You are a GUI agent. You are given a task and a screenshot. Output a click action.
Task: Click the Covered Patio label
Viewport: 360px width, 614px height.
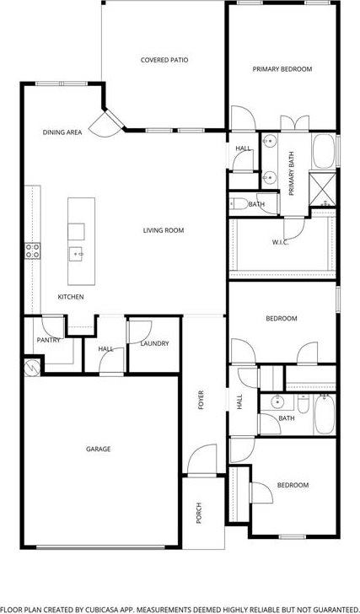[x=164, y=60]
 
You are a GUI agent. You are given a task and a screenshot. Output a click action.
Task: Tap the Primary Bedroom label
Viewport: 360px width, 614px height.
[x=282, y=69]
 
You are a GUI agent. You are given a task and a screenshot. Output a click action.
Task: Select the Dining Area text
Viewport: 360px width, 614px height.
[x=62, y=132]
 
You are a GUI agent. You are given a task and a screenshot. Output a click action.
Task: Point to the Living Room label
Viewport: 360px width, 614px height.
[x=163, y=230]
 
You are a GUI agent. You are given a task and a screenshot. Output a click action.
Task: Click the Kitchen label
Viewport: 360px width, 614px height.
[x=70, y=297]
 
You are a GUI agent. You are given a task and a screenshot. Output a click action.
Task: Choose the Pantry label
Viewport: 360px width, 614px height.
[x=47, y=340]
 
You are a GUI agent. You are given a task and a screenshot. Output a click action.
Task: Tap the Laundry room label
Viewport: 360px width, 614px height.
[x=155, y=343]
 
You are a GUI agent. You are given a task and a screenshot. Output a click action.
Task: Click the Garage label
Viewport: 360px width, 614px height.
[x=98, y=449]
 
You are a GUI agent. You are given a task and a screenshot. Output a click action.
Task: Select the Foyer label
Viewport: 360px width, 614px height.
[x=201, y=400]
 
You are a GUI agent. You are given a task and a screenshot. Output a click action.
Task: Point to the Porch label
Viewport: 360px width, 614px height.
[x=199, y=513]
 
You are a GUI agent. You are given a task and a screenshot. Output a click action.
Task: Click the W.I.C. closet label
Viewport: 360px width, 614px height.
[x=281, y=243]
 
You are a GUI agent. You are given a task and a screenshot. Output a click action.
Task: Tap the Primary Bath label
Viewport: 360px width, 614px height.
[x=292, y=178]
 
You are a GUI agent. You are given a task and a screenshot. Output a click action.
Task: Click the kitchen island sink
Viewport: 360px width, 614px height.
[x=76, y=252]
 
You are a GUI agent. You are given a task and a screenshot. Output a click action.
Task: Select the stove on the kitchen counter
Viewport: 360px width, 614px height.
[x=33, y=250]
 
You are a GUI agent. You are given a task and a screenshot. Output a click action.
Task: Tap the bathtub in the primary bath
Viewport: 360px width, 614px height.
[x=325, y=151]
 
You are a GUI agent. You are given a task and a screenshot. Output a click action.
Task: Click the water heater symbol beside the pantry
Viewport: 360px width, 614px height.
[x=31, y=368]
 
